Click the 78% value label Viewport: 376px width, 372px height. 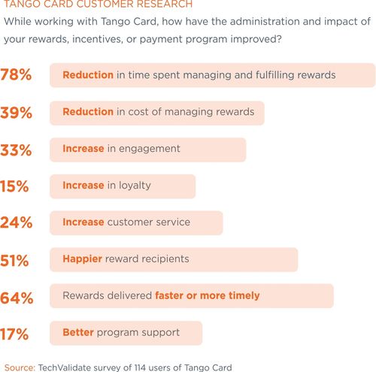click(16, 76)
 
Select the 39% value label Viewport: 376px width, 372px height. click(16, 113)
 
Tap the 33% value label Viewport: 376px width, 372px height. click(16, 150)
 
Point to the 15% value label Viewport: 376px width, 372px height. click(16, 186)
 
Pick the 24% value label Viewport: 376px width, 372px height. click(16, 223)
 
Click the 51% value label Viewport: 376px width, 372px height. click(16, 260)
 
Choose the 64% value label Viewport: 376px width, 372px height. click(16, 297)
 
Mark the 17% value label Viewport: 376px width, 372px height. click(16, 334)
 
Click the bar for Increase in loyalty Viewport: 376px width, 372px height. click(123, 186)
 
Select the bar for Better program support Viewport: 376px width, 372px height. click(126, 333)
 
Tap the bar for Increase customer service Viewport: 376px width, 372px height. click(136, 222)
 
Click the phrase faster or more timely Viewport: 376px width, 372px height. click(207, 296)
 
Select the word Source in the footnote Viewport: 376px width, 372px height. click(20, 367)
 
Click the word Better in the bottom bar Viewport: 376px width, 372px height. click(79, 333)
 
